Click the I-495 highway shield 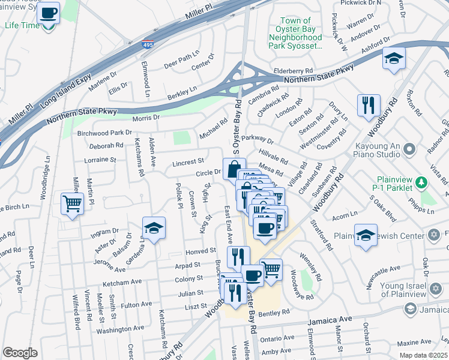coord(148,44)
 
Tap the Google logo coord(20,353)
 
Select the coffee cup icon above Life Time coord(48,13)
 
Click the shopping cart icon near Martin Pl coord(72,204)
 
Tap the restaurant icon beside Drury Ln coord(368,106)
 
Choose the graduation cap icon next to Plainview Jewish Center coord(366,235)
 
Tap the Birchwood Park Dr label coord(104,133)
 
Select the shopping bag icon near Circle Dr coord(234,169)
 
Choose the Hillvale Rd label coord(273,158)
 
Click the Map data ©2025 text coord(424,355)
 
